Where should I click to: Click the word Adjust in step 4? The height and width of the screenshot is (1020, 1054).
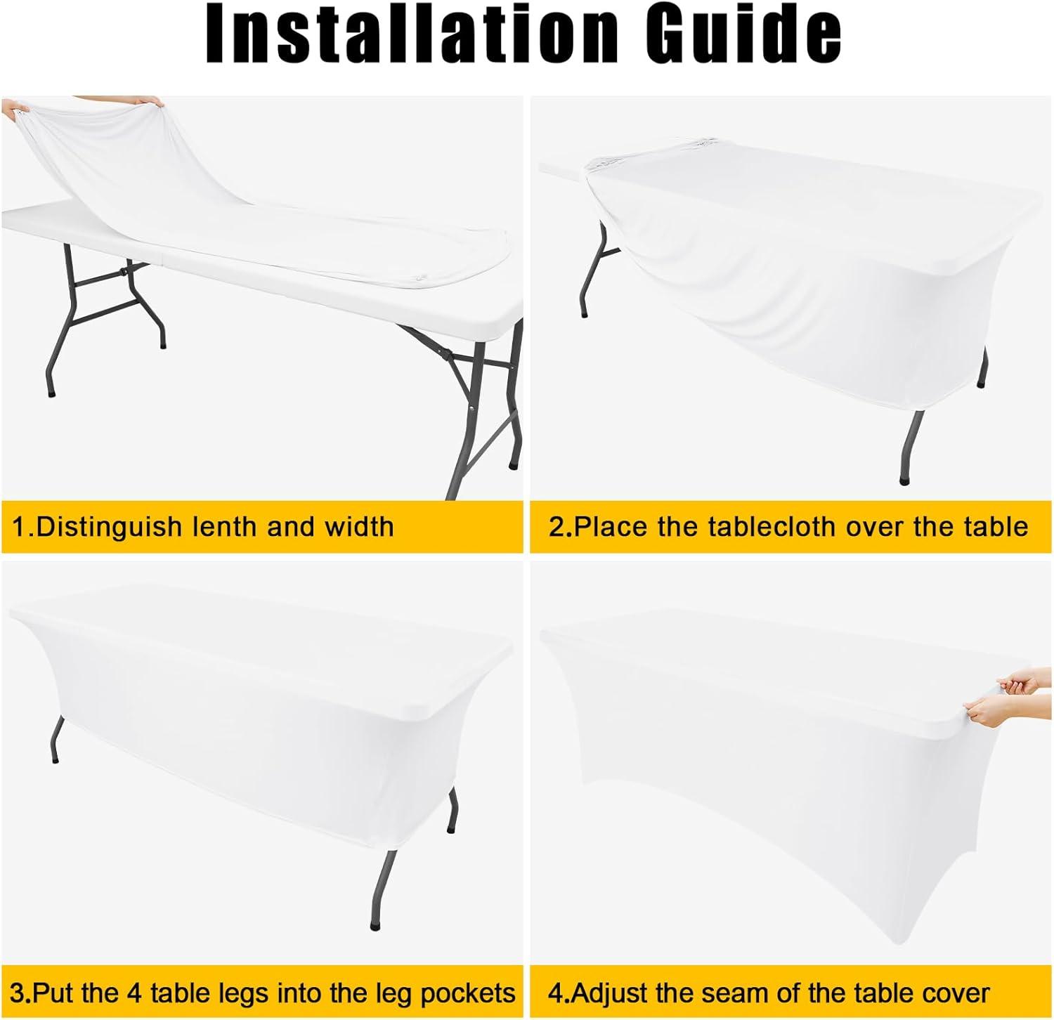pyautogui.click(x=610, y=994)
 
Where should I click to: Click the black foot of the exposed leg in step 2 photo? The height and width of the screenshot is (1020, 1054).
pyautogui.click(x=904, y=480)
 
